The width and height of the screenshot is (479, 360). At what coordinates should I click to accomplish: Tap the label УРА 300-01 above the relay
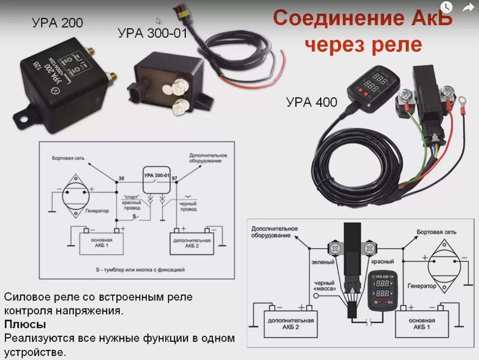coord(152,33)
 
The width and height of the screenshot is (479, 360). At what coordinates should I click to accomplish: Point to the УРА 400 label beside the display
coord(312,102)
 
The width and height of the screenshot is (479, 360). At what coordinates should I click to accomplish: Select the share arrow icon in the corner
coord(468,7)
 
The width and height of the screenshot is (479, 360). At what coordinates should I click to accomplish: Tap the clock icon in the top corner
coord(446,7)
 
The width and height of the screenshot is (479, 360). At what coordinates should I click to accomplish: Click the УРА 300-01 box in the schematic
coord(157,180)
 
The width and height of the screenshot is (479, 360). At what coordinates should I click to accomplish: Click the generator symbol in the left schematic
coord(76,196)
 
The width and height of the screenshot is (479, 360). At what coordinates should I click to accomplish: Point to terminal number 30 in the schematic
coord(121,179)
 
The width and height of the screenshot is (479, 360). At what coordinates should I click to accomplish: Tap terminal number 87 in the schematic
coord(174,179)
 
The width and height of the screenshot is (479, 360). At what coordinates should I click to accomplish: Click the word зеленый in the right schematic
coord(323,262)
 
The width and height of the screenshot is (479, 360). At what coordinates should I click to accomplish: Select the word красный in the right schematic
coord(382,262)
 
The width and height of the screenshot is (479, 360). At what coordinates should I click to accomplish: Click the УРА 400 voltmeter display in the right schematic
coord(381,288)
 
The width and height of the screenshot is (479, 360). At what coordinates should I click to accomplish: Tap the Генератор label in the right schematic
coord(422,286)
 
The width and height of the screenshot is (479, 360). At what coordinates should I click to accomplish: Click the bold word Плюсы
coord(25,324)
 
